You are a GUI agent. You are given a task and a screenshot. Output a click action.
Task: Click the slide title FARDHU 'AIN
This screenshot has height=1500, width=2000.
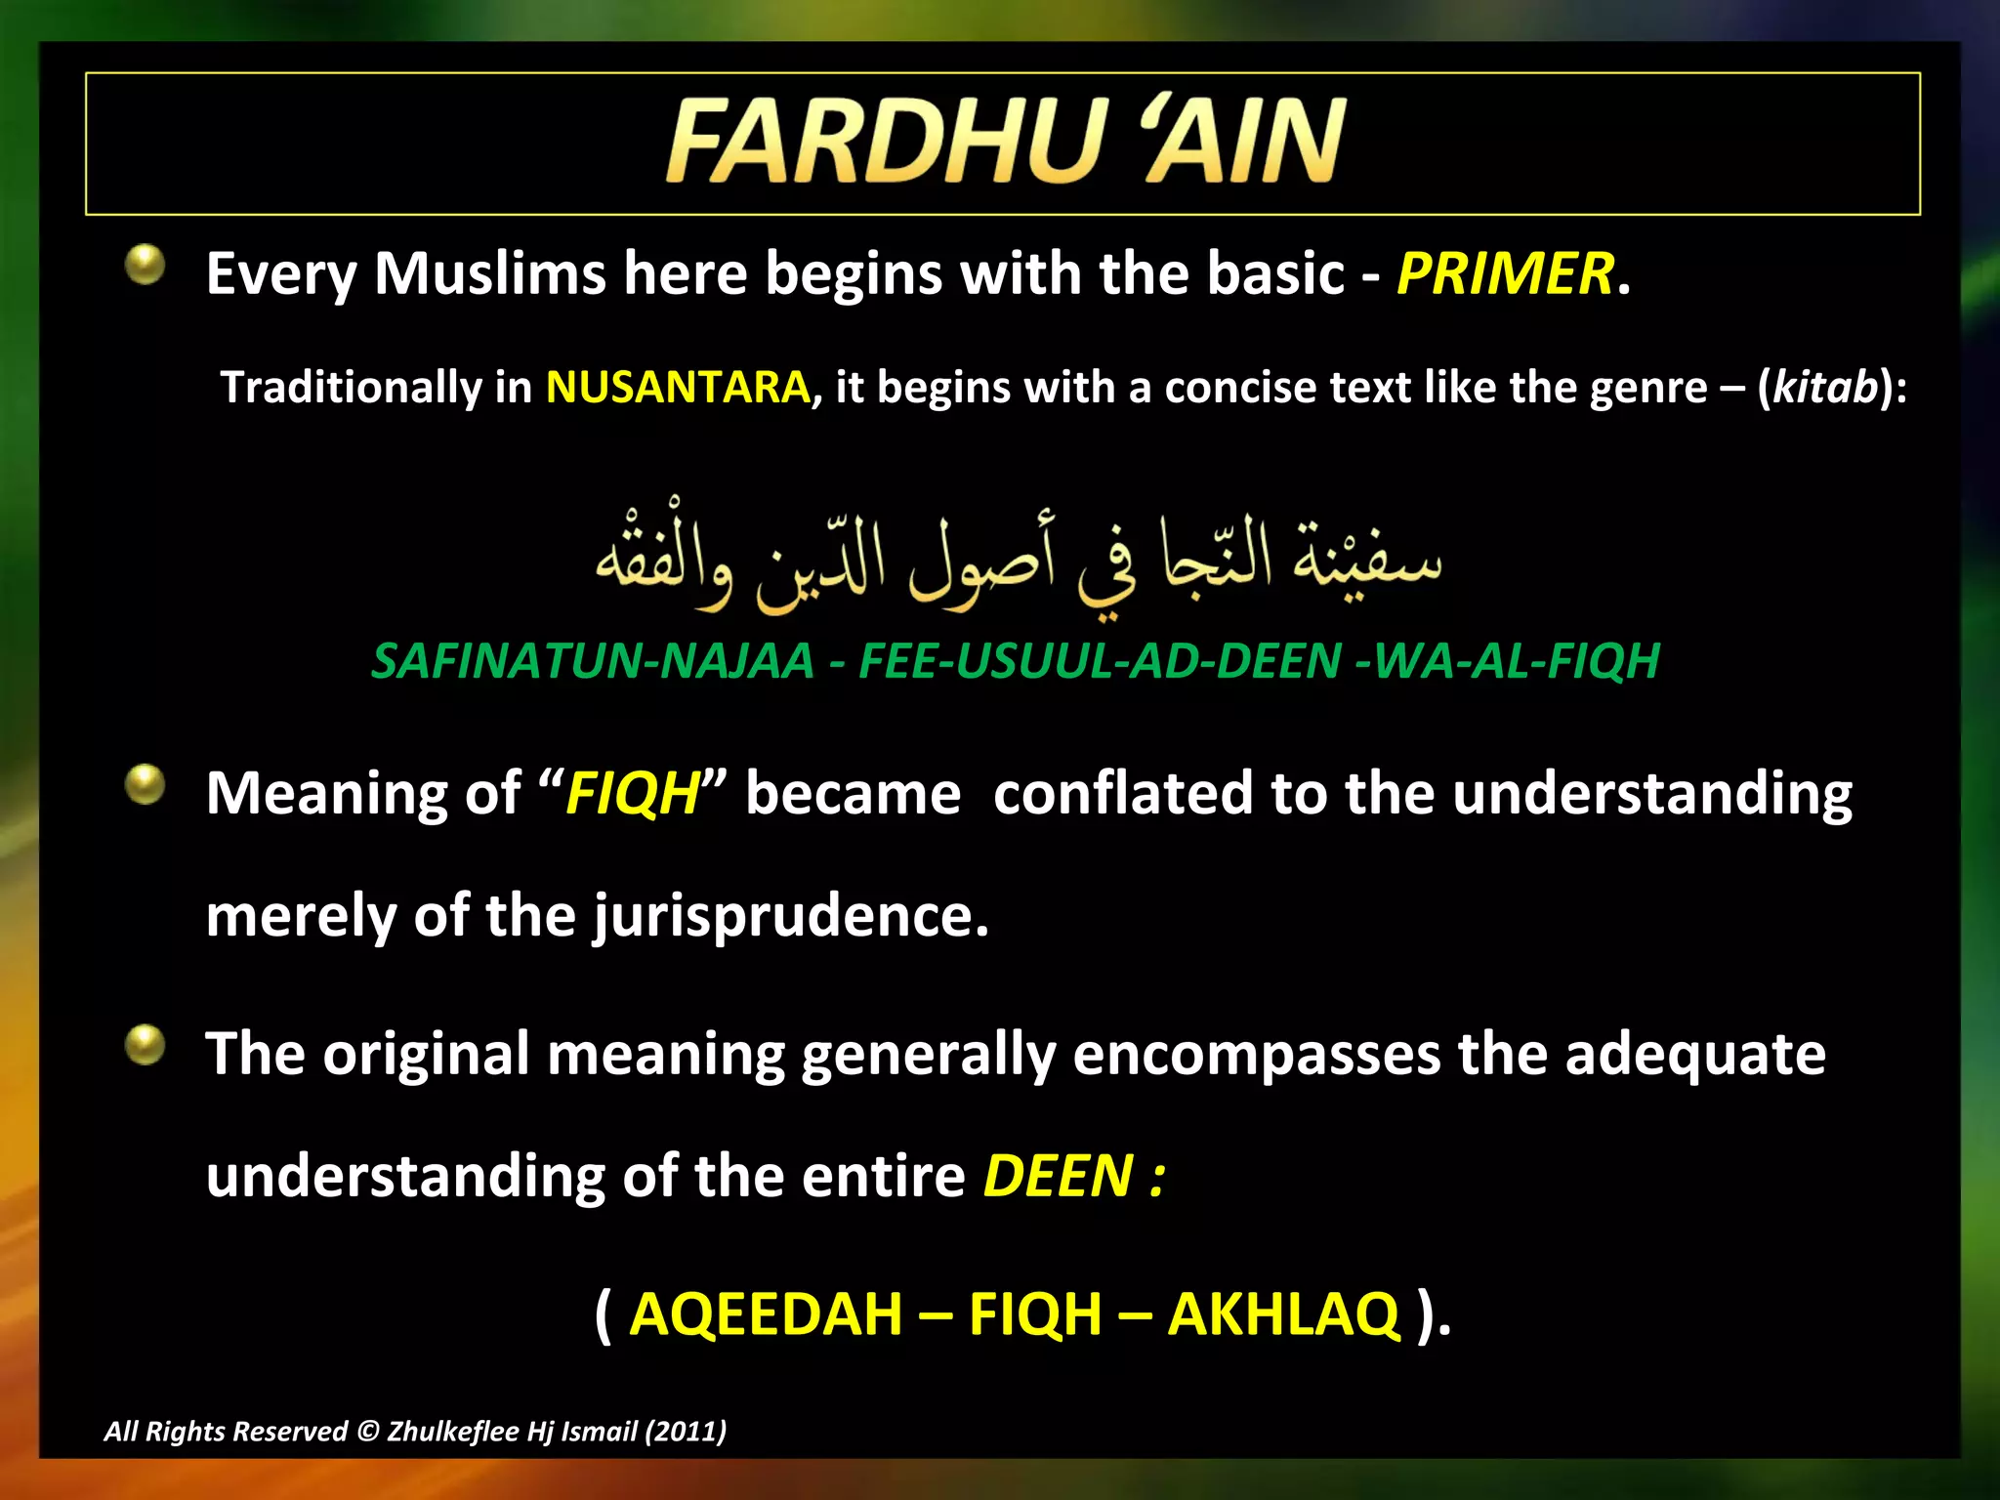click(1006, 142)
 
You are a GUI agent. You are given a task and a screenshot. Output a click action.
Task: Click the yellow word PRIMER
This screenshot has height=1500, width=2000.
click(1505, 273)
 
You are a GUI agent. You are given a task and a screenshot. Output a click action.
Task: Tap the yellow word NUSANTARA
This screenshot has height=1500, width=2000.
click(678, 388)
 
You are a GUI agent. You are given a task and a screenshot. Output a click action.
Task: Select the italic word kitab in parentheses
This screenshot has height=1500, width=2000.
click(1825, 388)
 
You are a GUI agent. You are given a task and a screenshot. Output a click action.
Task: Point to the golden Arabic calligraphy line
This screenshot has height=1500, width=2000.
click(1019, 557)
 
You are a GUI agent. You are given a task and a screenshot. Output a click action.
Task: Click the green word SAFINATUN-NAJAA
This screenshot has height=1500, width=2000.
click(593, 661)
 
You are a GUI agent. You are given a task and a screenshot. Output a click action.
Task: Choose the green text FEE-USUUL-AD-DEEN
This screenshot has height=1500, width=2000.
click(1100, 661)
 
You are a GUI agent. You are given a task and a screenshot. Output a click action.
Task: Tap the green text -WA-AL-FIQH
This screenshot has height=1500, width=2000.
click(1508, 661)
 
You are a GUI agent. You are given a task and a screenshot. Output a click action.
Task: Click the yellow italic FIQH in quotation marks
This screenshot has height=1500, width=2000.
click(633, 793)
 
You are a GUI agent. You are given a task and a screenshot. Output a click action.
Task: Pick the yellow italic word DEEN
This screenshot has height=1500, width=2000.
click(1058, 1176)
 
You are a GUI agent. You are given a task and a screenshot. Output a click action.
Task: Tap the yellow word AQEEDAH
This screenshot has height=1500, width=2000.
click(766, 1314)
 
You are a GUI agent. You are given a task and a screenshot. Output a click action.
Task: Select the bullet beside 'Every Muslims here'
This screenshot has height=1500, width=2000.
click(146, 265)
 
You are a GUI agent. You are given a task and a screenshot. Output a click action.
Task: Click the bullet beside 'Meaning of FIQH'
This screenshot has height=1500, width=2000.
click(146, 785)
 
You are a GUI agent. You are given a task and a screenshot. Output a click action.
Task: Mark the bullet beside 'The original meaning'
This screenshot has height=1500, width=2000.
click(146, 1046)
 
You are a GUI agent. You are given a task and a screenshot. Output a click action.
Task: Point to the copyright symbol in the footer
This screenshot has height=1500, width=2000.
click(367, 1432)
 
